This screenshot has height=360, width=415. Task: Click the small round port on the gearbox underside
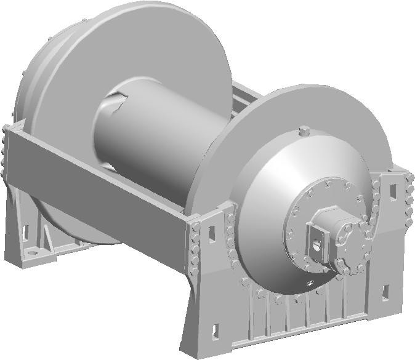309,284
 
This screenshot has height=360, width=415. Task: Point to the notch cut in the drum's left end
111,109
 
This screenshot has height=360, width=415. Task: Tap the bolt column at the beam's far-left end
5,154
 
